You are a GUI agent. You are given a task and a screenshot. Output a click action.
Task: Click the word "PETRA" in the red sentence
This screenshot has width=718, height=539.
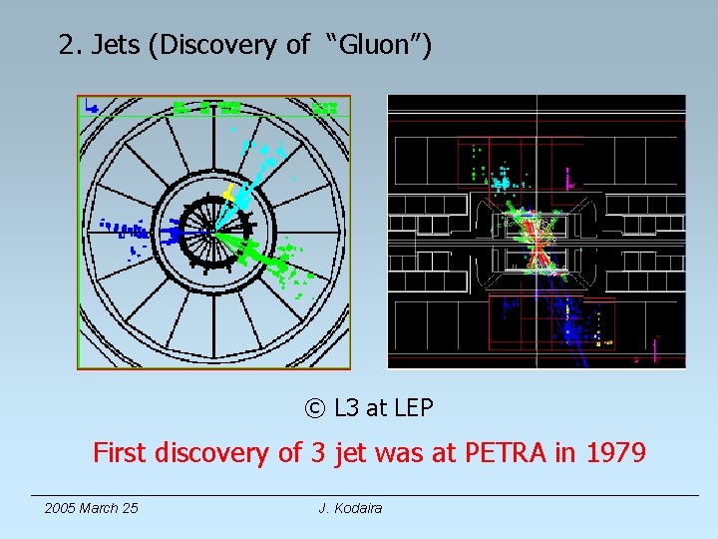click(x=503, y=453)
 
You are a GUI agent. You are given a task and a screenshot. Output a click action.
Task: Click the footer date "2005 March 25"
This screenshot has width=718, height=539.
click(x=92, y=508)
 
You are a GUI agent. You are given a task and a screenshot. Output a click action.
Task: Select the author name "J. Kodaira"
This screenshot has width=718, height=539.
click(x=350, y=508)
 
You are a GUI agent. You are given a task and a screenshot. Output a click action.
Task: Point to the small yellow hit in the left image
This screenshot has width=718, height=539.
click(x=228, y=190)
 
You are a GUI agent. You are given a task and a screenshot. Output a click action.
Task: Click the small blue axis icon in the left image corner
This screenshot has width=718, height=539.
click(x=91, y=105)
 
